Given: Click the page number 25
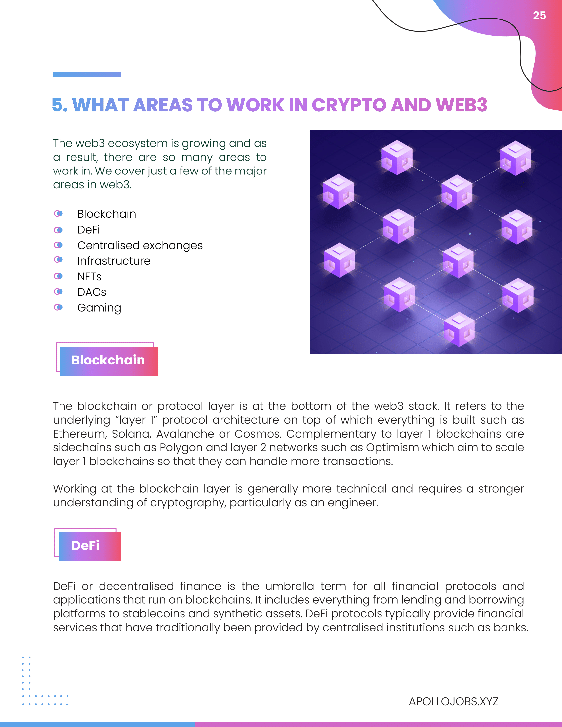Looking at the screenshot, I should click(x=539, y=16).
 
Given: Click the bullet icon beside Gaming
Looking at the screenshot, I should click(x=58, y=307).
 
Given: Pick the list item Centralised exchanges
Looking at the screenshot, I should click(x=140, y=245).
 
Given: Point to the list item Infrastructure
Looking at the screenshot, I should click(x=114, y=261).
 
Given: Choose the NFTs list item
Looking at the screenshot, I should click(x=89, y=277).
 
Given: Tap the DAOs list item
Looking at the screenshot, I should click(x=92, y=292).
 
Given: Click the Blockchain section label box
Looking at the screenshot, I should click(x=108, y=361).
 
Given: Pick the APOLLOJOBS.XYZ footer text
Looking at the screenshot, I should click(x=453, y=701).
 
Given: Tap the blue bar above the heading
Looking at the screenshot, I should click(x=87, y=74).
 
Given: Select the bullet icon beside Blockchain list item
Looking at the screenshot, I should click(x=58, y=214).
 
